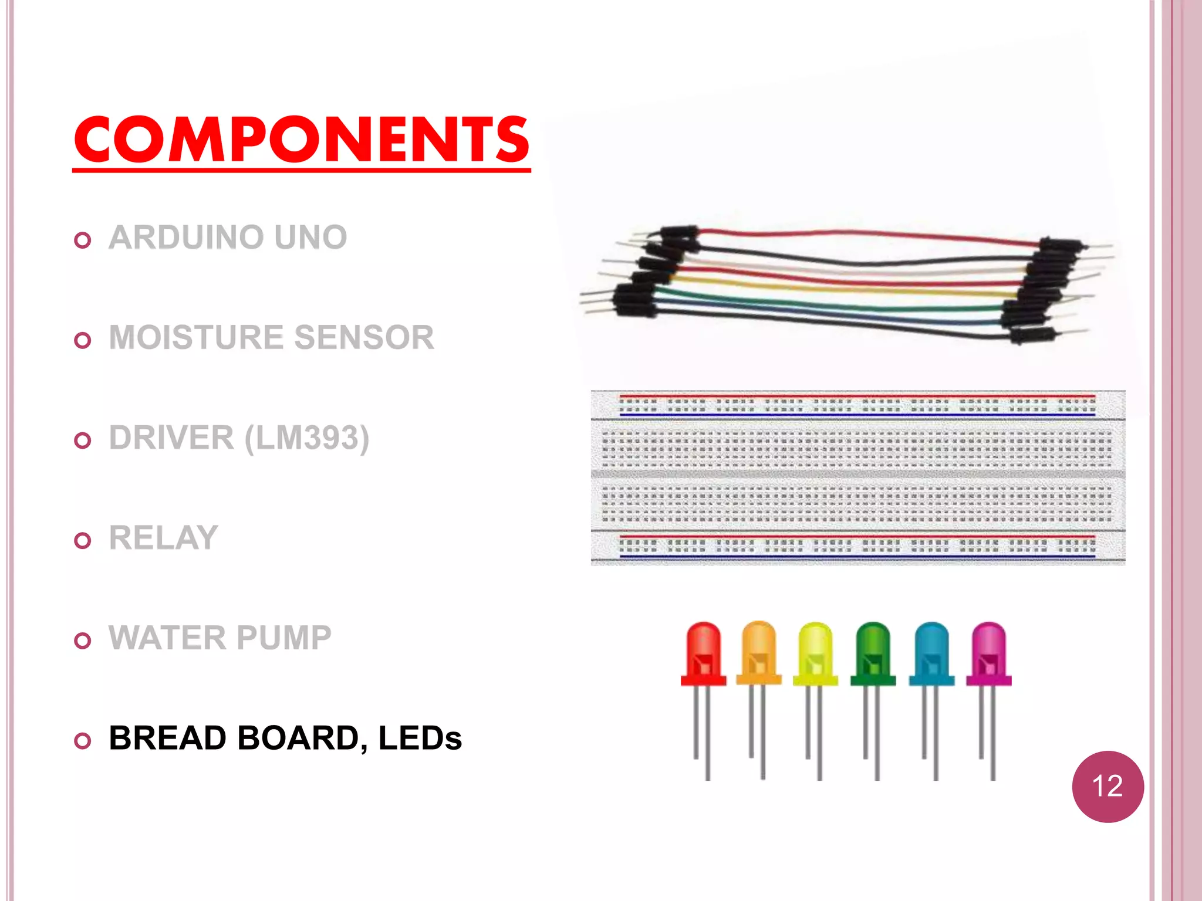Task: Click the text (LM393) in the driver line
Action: (306, 438)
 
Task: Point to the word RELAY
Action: (163, 538)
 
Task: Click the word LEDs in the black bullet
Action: (420, 738)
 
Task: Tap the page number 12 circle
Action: (1108, 786)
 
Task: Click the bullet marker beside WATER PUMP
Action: (83, 641)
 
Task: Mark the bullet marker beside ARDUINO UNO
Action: (83, 240)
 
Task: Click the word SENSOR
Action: (364, 338)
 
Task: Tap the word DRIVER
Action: (171, 438)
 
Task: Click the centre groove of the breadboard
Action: (857, 473)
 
